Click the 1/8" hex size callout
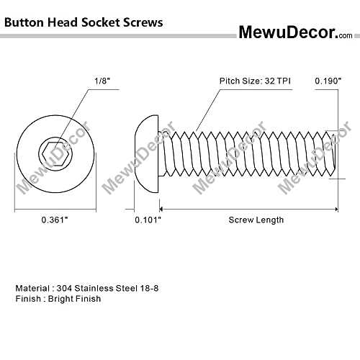point(102,81)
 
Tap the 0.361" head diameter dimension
point(55,220)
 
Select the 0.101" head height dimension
point(148,220)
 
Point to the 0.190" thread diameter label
point(328,81)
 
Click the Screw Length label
point(256,220)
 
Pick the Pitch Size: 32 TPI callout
point(255,81)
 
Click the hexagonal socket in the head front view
point(55,153)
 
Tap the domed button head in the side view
point(146,153)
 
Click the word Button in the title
point(24,22)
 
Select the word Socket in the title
point(101,22)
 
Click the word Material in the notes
point(32,288)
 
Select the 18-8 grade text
point(149,288)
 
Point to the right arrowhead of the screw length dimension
point(336,210)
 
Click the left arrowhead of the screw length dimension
point(161,210)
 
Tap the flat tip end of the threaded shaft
point(334,153)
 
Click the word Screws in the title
point(143,22)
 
